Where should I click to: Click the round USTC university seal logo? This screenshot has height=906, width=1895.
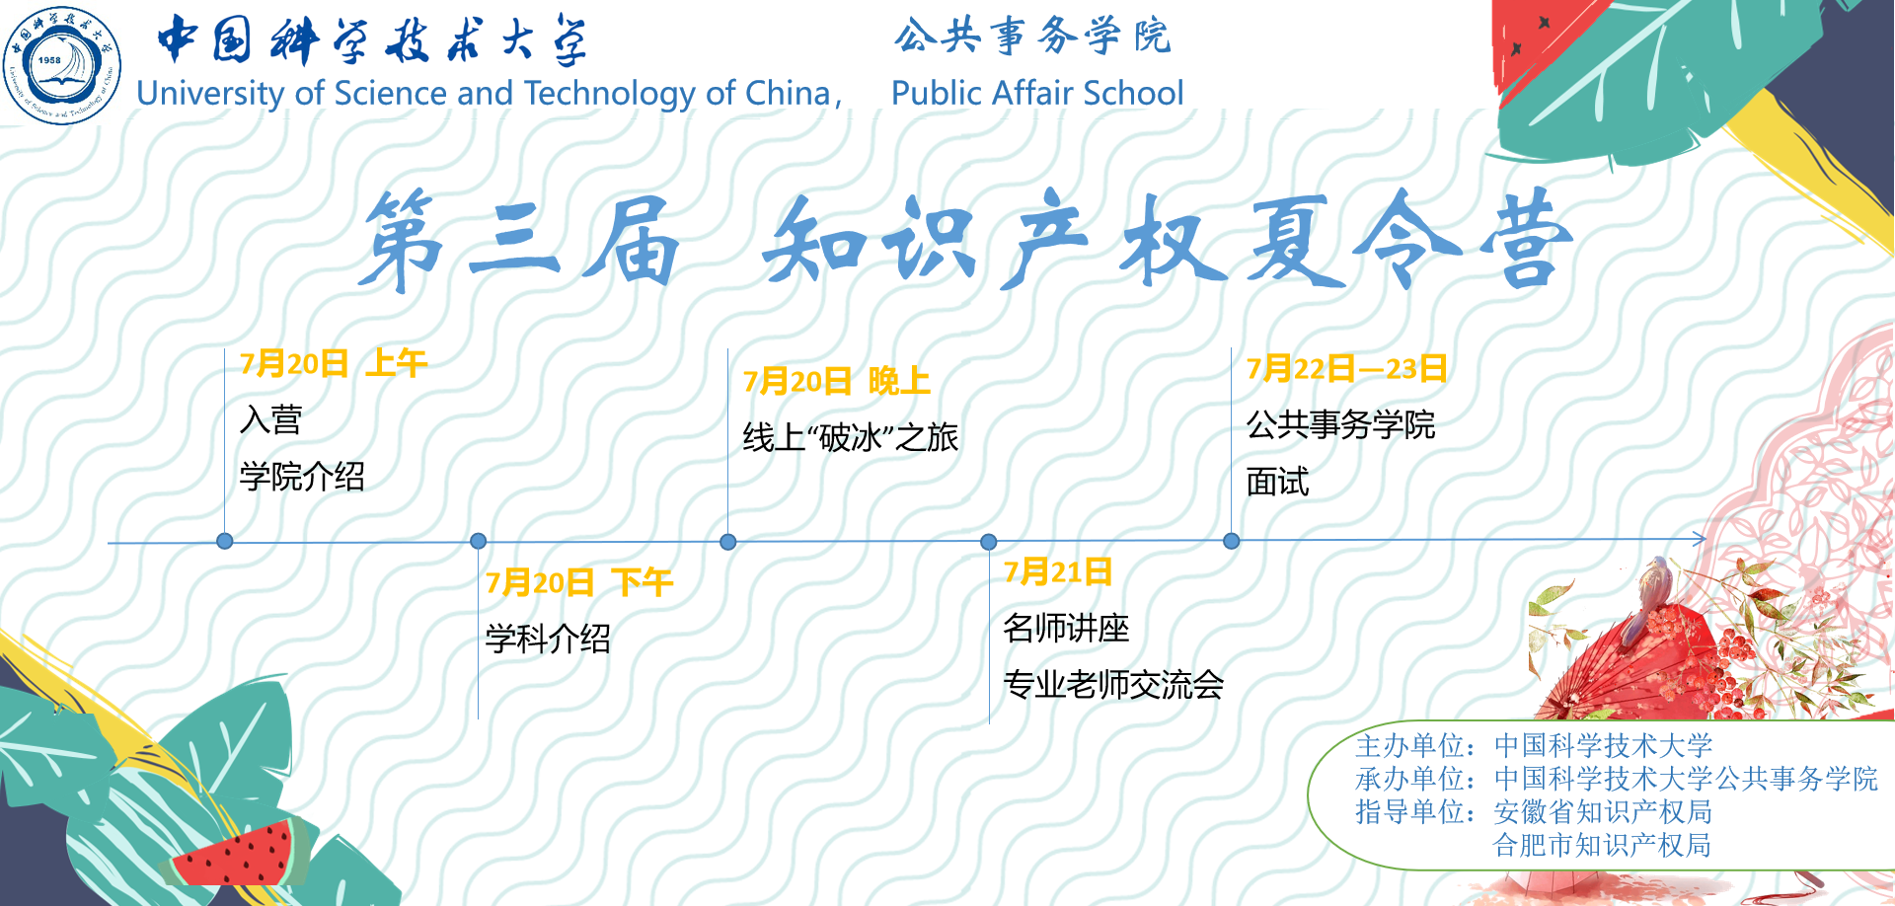tap(62, 65)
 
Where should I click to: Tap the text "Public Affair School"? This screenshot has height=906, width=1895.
tap(1037, 93)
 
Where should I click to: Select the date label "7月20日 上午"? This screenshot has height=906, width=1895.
tap(334, 363)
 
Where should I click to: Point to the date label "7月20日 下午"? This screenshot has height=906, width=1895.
tap(579, 582)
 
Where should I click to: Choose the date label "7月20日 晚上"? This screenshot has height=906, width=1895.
tap(837, 381)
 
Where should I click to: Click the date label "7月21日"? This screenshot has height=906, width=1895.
tap(1058, 571)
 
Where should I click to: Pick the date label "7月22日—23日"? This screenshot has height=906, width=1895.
tap(1346, 368)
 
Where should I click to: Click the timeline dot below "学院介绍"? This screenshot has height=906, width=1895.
tap(225, 541)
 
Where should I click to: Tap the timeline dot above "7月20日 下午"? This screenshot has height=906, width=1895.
tap(479, 541)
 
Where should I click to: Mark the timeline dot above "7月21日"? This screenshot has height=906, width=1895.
tap(989, 542)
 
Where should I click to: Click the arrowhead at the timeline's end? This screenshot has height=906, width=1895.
tap(1701, 539)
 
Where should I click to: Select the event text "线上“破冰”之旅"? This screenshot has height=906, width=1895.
tap(851, 437)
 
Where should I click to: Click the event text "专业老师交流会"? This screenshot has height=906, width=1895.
tap(1113, 684)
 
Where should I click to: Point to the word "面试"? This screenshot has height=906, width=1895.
tap(1277, 482)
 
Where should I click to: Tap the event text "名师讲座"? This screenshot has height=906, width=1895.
tap(1066, 628)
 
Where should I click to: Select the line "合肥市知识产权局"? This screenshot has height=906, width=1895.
tap(1603, 845)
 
